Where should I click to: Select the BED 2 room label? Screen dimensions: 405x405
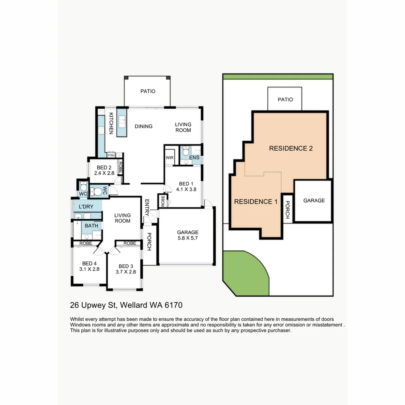104,168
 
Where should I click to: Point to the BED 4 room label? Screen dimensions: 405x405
89,263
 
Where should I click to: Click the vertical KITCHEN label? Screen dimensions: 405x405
111,123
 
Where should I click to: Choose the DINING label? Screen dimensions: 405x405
144,126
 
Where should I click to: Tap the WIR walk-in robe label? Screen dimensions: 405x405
169,158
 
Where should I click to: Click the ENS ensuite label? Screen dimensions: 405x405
194,158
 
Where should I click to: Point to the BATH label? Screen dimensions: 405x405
91,226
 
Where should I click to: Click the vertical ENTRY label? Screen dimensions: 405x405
147,207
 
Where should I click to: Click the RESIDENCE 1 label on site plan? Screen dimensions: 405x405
256,202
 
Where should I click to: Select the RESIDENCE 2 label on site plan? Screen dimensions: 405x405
291,148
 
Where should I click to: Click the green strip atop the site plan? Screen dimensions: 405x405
277,77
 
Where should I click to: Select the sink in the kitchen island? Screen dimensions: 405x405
122,121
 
